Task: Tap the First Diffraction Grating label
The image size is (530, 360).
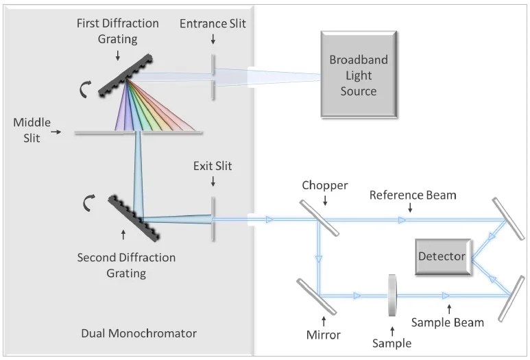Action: coord(118,32)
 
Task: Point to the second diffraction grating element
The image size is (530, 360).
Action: coord(135,219)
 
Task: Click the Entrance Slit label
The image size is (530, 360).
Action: coord(213,24)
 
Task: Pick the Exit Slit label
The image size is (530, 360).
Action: coord(212,167)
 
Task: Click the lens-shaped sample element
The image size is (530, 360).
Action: coord(393,296)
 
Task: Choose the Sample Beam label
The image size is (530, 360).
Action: coord(448,322)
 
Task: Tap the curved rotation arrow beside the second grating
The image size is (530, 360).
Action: coord(88,204)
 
